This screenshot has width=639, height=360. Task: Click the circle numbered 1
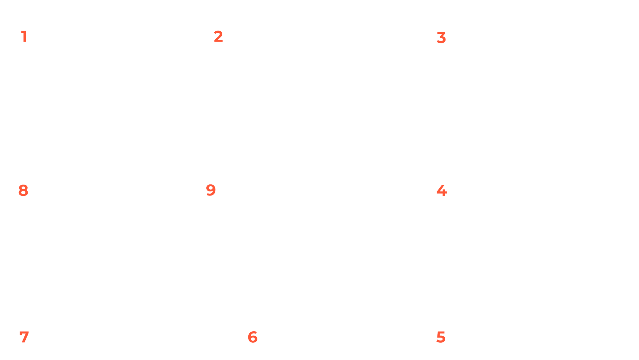tap(24, 36)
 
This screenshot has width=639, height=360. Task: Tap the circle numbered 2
tap(219, 36)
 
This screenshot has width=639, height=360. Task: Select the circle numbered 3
tap(441, 37)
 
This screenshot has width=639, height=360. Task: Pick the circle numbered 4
tap(441, 190)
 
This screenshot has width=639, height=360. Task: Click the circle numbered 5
tap(441, 336)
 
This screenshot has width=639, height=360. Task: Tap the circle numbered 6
tap(252, 336)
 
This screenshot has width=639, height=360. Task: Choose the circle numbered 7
tap(24, 336)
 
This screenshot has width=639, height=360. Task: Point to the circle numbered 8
tap(24, 190)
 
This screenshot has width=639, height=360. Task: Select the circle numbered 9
tap(211, 190)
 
